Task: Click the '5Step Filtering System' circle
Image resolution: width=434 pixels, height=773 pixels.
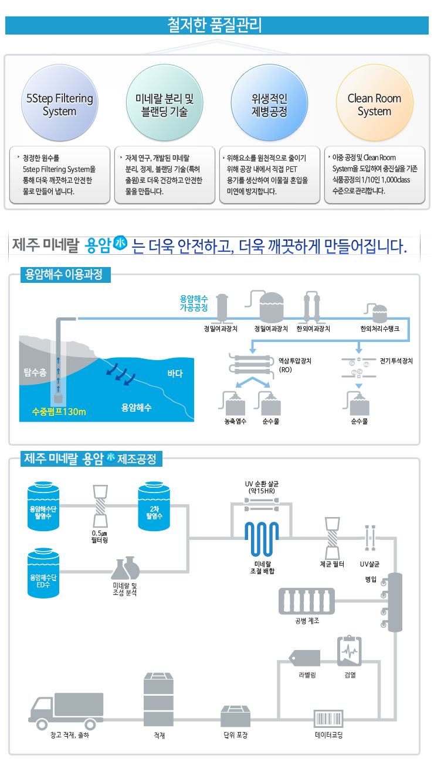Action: coord(60,102)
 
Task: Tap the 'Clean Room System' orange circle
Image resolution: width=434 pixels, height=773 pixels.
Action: coord(375,102)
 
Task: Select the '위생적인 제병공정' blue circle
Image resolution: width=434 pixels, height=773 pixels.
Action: coord(269,102)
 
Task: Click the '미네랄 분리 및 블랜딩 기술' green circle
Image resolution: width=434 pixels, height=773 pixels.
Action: coord(164,102)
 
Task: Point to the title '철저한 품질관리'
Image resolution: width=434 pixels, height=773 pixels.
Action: coord(215,25)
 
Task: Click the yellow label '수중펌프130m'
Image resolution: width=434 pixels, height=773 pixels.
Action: coord(59,412)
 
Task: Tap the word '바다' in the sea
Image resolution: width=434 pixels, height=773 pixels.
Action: coord(175,374)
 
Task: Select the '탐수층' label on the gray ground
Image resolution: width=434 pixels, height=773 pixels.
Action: coord(35,372)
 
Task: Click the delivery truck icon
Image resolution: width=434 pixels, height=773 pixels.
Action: coord(66,711)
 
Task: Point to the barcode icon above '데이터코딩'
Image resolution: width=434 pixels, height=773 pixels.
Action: coord(328,719)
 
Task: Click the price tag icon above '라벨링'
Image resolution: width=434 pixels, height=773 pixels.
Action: coord(304,658)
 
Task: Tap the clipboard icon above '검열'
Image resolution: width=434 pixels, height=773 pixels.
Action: coord(350,651)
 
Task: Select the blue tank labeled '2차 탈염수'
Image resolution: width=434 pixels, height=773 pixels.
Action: coord(154,506)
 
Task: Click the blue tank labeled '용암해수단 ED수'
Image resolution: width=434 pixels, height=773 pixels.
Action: coord(43,573)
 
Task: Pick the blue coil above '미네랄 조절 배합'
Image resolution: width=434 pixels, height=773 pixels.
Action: coord(262,539)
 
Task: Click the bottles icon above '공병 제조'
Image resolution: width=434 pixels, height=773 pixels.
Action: coord(307,601)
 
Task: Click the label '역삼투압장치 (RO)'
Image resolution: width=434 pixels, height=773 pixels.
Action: coord(295,365)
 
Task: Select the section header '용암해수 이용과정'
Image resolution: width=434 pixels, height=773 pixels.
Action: coord(65,275)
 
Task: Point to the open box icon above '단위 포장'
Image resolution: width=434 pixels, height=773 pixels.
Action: coord(235,716)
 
